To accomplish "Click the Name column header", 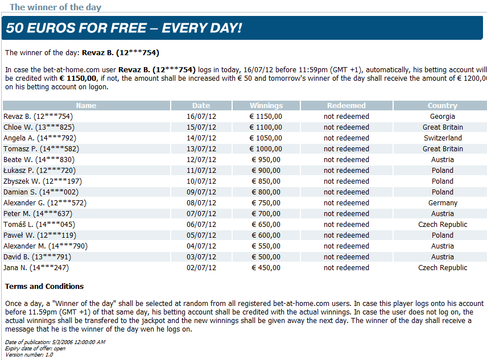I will click(x=86, y=106).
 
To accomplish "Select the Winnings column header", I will click(x=266, y=106).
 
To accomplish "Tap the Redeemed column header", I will click(x=346, y=106).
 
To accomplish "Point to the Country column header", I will click(x=442, y=106).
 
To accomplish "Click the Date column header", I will click(x=201, y=106).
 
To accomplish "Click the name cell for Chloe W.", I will click(x=39, y=127).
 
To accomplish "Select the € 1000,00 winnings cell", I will click(x=266, y=149).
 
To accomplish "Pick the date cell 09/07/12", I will click(x=201, y=192).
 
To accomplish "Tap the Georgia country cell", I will click(x=442, y=117).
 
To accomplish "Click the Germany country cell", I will click(x=442, y=203).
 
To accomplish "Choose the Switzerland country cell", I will click(x=442, y=138).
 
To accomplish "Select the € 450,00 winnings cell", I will click(x=266, y=268).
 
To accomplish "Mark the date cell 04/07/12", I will click(x=201, y=246).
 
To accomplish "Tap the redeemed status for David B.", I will click(x=346, y=257).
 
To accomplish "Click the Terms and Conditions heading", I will click(x=44, y=287).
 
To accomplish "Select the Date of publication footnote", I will click(x=55, y=342).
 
